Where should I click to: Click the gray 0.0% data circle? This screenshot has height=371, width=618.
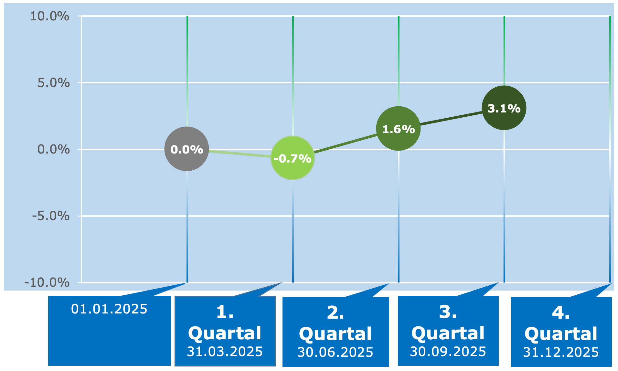click(187, 149)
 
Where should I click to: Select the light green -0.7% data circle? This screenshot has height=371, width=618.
click(293, 158)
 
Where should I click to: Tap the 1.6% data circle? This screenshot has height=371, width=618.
click(398, 129)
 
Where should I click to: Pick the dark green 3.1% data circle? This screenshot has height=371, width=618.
click(504, 108)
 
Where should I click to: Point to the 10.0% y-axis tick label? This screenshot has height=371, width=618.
click(50, 16)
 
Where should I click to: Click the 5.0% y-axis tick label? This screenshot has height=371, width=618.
click(54, 83)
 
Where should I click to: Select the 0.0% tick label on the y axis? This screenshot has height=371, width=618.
click(54, 149)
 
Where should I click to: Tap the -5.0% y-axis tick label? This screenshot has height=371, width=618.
click(51, 216)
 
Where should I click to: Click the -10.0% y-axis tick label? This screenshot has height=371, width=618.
click(47, 282)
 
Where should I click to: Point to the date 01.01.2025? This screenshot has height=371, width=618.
click(109, 309)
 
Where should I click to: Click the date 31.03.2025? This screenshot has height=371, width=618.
click(225, 352)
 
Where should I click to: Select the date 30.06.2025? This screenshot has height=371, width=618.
click(336, 352)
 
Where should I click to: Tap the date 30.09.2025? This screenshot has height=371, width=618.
click(448, 352)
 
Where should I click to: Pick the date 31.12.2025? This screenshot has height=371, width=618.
click(561, 352)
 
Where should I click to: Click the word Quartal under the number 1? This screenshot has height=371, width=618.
click(225, 333)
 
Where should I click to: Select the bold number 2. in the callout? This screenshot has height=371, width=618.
click(336, 313)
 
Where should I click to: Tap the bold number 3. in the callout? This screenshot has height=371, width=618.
click(448, 312)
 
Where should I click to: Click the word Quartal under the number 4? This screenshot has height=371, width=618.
click(561, 334)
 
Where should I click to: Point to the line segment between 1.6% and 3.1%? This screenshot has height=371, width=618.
click(451, 118)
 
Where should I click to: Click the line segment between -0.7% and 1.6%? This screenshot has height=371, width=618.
click(346, 143)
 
